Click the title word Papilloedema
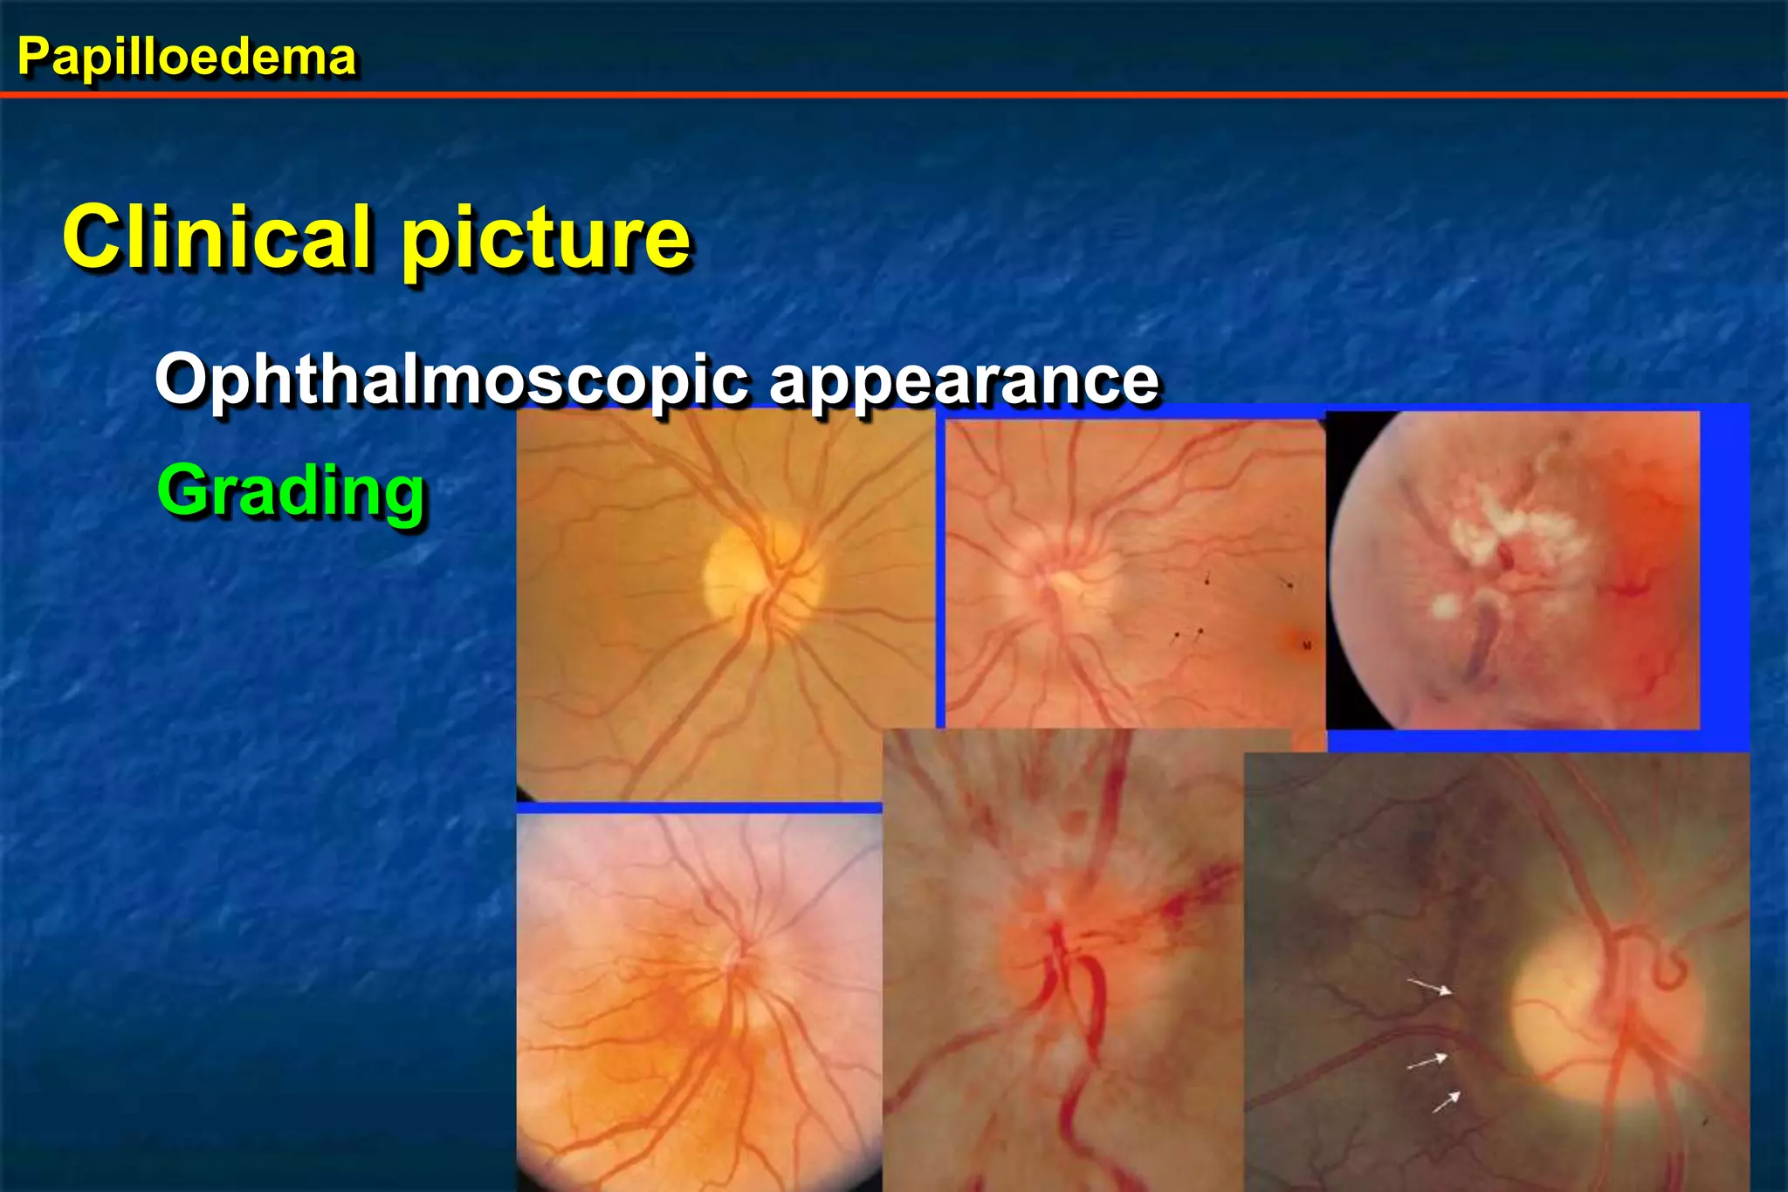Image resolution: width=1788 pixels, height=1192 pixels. tap(186, 58)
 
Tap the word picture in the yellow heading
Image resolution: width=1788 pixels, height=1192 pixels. tap(546, 240)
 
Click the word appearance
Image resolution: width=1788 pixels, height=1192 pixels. tap(964, 381)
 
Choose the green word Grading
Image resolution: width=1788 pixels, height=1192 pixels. tap(291, 491)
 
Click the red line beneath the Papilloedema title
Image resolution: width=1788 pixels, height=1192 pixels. tap(894, 93)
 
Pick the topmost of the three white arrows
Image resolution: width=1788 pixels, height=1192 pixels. tap(1429, 987)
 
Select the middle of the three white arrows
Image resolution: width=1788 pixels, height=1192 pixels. tap(1427, 1061)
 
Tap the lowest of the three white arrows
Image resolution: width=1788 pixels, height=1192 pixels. tap(1446, 1101)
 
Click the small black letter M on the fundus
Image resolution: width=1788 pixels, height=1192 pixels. tap(1307, 646)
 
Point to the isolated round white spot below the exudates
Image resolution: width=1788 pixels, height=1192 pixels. tap(1445, 605)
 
